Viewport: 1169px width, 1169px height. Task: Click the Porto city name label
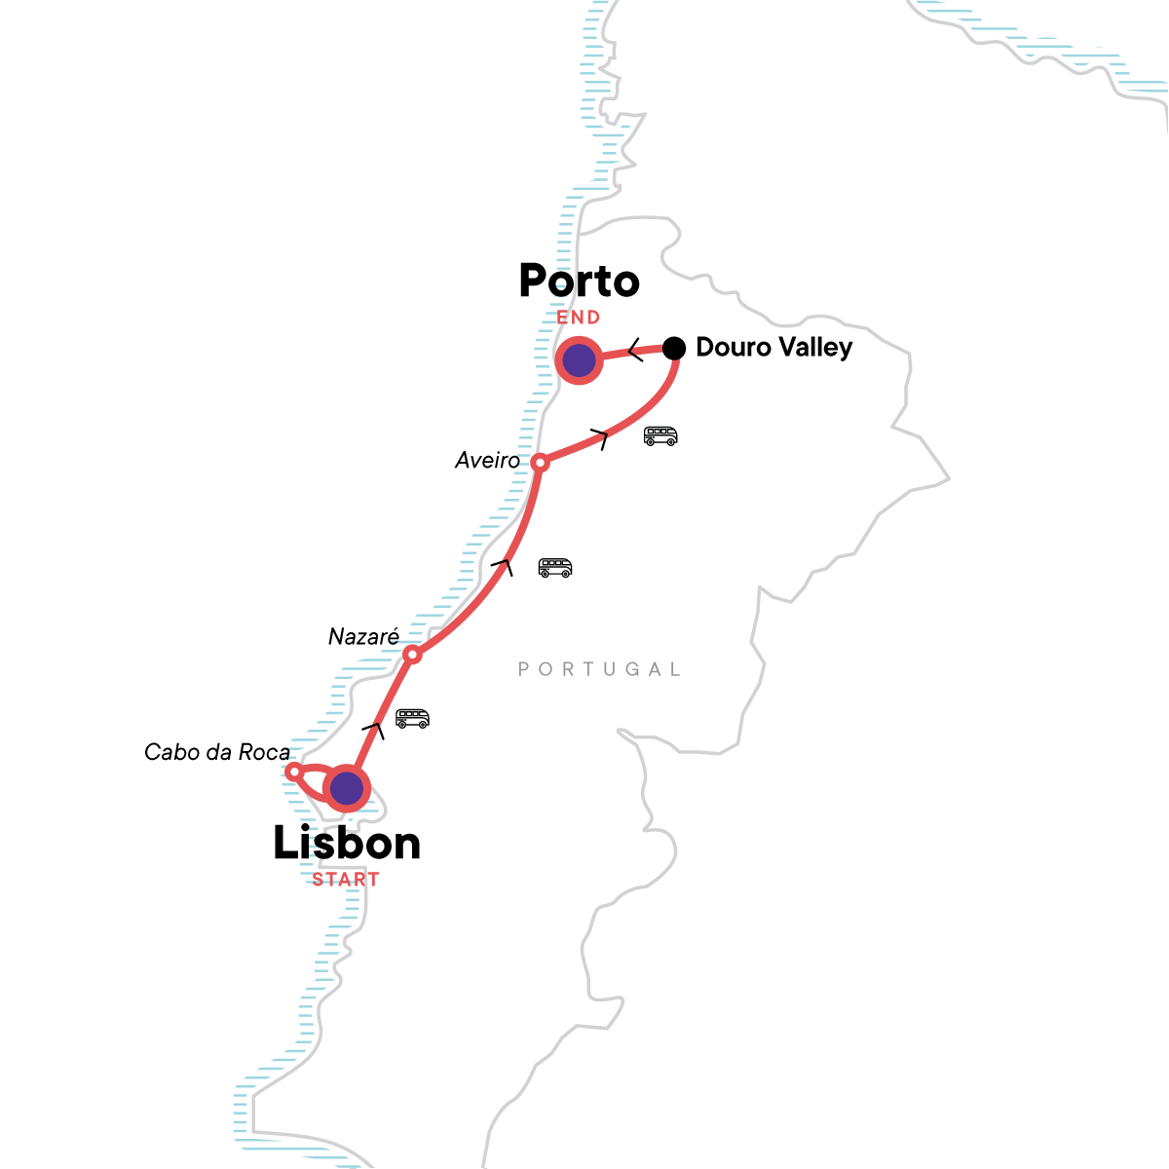pyautogui.click(x=579, y=282)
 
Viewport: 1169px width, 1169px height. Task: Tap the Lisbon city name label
pyautogui.click(x=347, y=844)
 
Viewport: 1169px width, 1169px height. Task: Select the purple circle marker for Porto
pyautogui.click(x=580, y=360)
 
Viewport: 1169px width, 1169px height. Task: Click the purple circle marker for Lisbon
pyautogui.click(x=347, y=788)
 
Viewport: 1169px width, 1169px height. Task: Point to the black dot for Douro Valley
pyautogui.click(x=674, y=348)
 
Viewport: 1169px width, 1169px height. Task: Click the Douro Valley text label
pyautogui.click(x=773, y=348)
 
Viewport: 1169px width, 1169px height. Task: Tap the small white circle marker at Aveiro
pyautogui.click(x=540, y=463)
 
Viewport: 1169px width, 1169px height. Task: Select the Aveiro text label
pyautogui.click(x=487, y=460)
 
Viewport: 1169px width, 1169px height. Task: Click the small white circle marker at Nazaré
pyautogui.click(x=412, y=655)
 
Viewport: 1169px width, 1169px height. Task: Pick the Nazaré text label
pyautogui.click(x=363, y=637)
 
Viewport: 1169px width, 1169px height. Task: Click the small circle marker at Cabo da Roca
pyautogui.click(x=293, y=772)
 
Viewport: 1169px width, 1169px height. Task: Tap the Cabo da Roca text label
pyautogui.click(x=216, y=752)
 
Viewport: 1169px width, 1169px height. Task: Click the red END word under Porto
pyautogui.click(x=579, y=318)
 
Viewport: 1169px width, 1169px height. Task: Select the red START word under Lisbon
pyautogui.click(x=346, y=880)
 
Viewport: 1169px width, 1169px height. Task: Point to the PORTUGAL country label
pyautogui.click(x=599, y=669)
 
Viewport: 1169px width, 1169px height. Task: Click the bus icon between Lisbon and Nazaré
pyautogui.click(x=412, y=719)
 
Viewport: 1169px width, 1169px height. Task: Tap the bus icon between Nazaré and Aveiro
pyautogui.click(x=555, y=567)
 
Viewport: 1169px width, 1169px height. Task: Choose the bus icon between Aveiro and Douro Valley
pyautogui.click(x=660, y=435)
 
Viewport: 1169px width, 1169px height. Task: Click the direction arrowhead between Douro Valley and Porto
pyautogui.click(x=634, y=350)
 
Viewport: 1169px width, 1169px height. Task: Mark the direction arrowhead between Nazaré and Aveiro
pyautogui.click(x=504, y=565)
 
